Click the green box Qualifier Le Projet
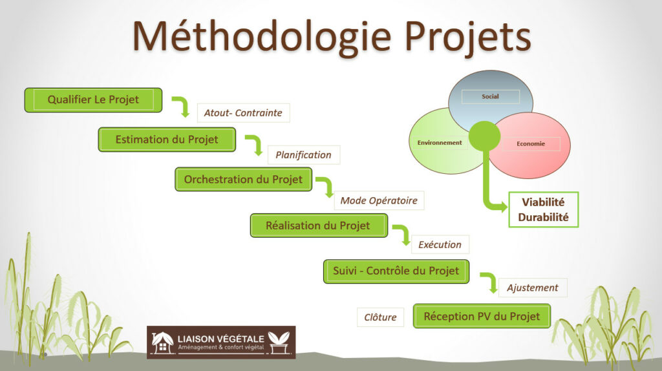tap(93, 100)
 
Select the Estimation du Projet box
tap(167, 140)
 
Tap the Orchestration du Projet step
tap(243, 179)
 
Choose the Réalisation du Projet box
tap(318, 226)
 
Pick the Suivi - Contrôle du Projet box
tap(396, 271)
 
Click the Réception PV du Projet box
tap(482, 316)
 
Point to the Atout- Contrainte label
tap(243, 112)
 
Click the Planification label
tap(303, 155)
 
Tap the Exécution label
tap(440, 244)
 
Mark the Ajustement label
tap(533, 288)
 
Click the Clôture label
tap(380, 317)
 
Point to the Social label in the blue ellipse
tap(490, 97)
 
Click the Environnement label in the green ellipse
tap(439, 143)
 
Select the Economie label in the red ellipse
tap(531, 144)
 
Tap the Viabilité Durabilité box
tap(543, 209)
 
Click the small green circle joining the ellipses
tap(484, 135)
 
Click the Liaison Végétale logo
tap(221, 342)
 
